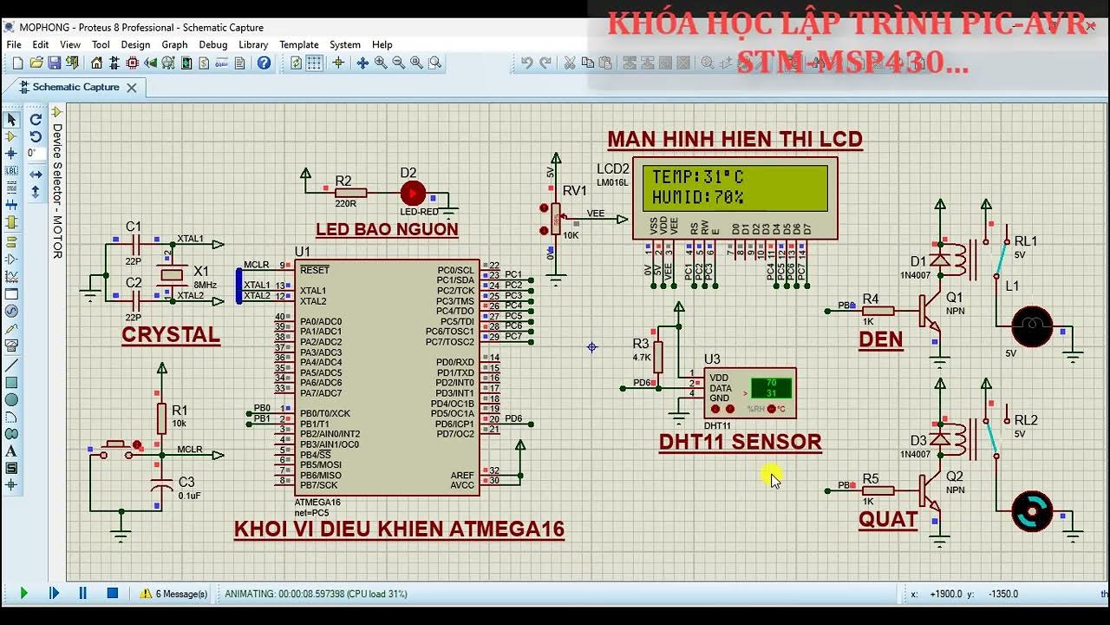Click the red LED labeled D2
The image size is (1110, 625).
click(413, 193)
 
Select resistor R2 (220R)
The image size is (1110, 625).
click(350, 193)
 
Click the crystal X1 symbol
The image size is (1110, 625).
click(173, 275)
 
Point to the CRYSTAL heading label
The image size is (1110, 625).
click(171, 335)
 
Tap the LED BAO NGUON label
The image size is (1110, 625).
click(387, 229)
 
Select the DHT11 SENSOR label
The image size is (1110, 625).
click(740, 442)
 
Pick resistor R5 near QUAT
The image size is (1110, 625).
click(878, 490)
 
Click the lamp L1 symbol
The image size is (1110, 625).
click(1032, 326)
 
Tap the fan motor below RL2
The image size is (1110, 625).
click(1032, 511)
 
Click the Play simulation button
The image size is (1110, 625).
click(23, 594)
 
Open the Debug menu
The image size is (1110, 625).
click(212, 44)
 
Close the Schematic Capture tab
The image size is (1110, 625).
click(132, 88)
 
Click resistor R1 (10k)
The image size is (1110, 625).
click(161, 418)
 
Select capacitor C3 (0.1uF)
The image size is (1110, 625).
click(161, 488)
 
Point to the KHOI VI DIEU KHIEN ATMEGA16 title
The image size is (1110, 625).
click(399, 529)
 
